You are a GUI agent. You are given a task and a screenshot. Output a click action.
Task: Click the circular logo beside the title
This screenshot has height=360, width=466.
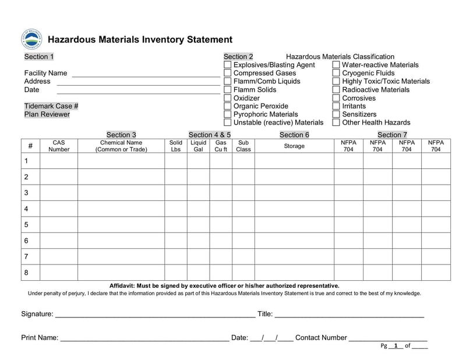click(x=31, y=39)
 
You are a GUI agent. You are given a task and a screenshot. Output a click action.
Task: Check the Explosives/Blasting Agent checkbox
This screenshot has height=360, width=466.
click(x=227, y=65)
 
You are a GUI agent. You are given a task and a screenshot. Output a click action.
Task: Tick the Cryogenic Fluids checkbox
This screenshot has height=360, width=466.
click(x=336, y=73)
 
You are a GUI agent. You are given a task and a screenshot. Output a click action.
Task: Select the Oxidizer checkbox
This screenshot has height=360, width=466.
click(x=227, y=98)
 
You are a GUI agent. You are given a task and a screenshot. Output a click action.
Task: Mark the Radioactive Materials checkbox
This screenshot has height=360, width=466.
click(x=336, y=90)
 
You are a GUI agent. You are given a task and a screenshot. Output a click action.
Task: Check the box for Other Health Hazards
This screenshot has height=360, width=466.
click(x=336, y=123)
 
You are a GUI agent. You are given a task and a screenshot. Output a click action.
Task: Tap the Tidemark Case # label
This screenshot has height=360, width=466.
click(x=51, y=106)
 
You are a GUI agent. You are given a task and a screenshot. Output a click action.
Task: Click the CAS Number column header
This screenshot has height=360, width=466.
click(x=59, y=146)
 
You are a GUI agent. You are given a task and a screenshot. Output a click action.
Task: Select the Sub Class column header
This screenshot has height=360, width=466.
click(x=243, y=146)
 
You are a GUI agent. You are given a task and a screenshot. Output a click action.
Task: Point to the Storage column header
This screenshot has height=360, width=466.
click(x=294, y=146)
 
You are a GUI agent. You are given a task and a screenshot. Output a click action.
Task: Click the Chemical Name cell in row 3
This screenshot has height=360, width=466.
click(x=121, y=193)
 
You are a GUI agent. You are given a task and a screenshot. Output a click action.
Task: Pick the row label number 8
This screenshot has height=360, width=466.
click(x=26, y=273)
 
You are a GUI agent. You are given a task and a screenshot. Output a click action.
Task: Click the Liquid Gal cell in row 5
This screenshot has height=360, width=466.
click(x=198, y=225)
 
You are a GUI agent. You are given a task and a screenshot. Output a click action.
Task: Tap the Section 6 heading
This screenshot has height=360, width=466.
click(x=294, y=135)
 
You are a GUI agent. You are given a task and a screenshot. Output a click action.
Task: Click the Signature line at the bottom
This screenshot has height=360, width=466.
click(x=154, y=315)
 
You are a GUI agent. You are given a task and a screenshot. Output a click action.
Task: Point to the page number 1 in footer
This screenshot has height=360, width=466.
click(x=396, y=346)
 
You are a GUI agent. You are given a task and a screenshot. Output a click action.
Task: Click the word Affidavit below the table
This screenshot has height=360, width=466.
click(x=125, y=286)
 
